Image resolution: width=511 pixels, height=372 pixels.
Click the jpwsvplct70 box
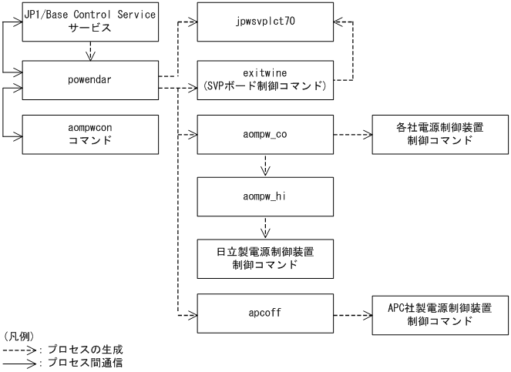tap(265, 22)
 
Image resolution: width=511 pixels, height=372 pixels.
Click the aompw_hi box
tap(265, 197)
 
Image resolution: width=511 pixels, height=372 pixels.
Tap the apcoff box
tap(265, 314)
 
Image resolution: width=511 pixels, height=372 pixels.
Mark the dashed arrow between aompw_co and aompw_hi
tap(265, 166)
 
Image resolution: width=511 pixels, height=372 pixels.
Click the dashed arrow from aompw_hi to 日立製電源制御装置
tap(265, 227)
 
